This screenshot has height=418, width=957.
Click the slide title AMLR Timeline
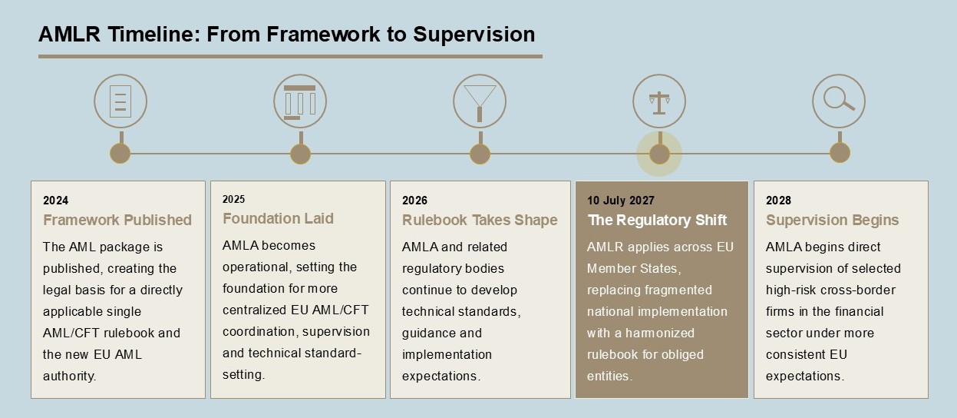coord(287,35)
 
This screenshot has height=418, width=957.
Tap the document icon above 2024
coord(120,101)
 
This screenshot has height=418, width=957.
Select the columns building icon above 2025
coord(300,101)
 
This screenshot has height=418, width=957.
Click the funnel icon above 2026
coord(480,101)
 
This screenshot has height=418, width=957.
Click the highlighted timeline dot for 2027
coord(659,154)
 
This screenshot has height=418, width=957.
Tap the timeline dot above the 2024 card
coord(120,154)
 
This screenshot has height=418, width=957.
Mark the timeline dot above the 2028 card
coord(840,153)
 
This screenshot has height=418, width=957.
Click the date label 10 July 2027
coord(620,201)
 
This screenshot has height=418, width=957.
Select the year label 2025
coord(234,199)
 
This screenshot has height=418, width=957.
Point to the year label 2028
coord(778,201)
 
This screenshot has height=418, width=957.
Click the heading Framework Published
coord(117,220)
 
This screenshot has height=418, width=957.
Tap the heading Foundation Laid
coord(278,218)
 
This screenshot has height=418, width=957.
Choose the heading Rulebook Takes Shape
coord(480,220)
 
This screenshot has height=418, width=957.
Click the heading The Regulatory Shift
coord(657,220)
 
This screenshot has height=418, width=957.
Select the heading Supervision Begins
coord(832,220)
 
